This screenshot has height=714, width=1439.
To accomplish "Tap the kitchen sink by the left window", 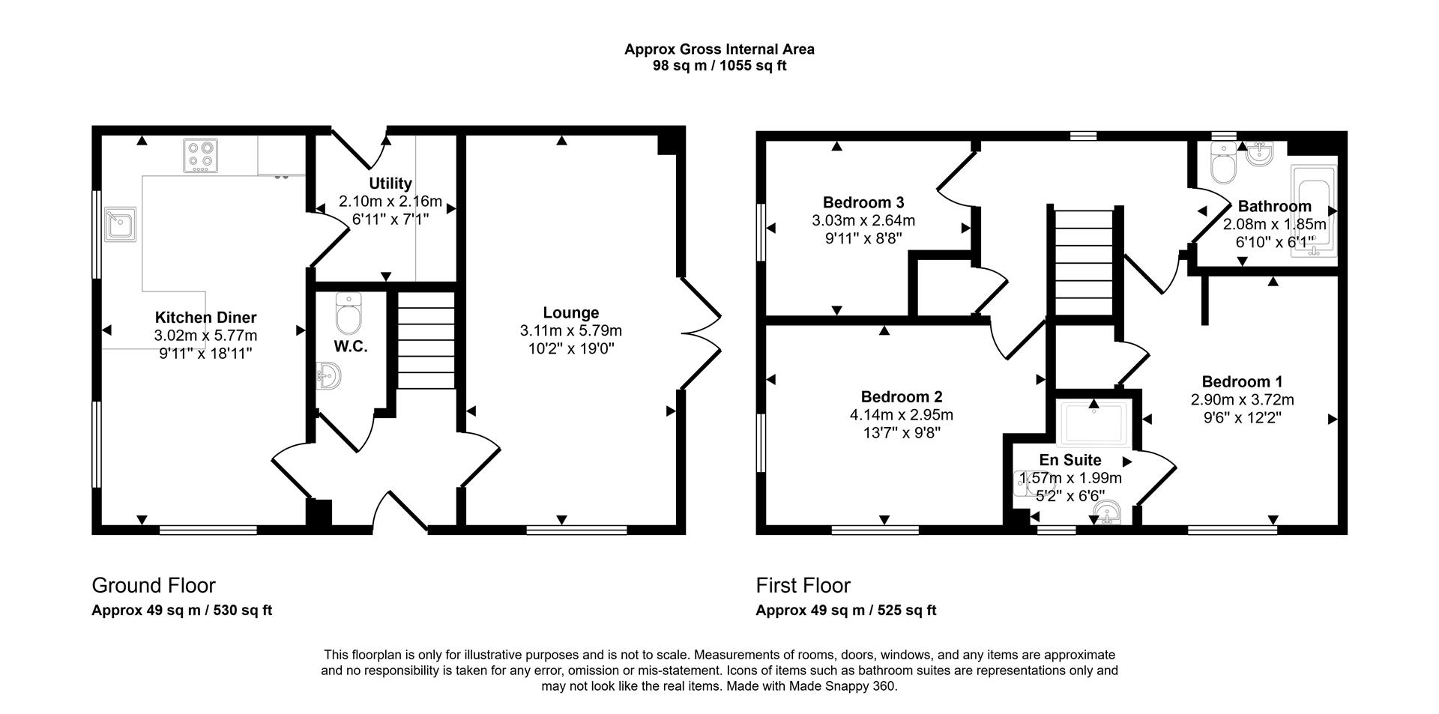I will (x=121, y=223).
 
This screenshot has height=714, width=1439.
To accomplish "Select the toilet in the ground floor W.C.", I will (x=349, y=314).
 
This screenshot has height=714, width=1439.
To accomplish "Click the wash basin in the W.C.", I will (x=328, y=375).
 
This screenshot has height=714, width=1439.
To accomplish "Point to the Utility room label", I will (x=390, y=184).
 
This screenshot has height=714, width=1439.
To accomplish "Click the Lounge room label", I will (x=570, y=312).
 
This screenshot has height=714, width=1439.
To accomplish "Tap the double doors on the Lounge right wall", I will (x=701, y=333).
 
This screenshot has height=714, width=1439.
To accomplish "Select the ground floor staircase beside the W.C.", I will (x=425, y=340).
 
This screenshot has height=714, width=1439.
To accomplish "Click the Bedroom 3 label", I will (x=863, y=202).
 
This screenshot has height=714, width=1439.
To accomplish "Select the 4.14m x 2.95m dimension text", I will (x=901, y=415).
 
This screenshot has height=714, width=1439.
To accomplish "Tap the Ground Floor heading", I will (x=154, y=585).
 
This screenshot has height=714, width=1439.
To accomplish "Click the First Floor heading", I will (x=803, y=585).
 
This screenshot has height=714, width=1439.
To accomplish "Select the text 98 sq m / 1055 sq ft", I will (x=719, y=66).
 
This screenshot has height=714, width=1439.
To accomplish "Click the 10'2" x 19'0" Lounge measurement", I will (x=570, y=348).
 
